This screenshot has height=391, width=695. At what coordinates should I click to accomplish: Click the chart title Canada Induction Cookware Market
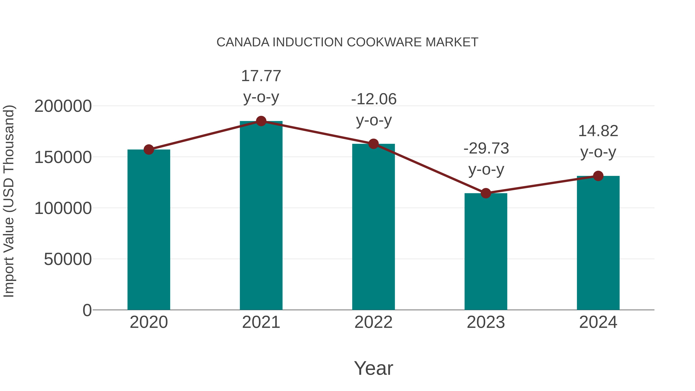click(x=347, y=42)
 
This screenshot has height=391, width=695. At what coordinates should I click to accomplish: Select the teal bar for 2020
click(x=149, y=229)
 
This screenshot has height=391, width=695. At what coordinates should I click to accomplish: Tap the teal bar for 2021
click(x=261, y=216)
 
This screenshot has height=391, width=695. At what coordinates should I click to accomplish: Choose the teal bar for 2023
click(x=486, y=251)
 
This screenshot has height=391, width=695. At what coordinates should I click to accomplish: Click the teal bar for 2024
click(x=598, y=243)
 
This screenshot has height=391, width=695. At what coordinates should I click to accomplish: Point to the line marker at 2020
click(x=149, y=149)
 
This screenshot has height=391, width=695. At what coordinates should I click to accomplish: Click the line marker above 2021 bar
click(x=261, y=121)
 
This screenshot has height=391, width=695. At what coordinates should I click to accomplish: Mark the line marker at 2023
click(x=486, y=193)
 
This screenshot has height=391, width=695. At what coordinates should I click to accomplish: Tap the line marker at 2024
click(x=598, y=176)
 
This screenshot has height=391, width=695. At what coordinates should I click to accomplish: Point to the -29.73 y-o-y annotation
click(x=486, y=159)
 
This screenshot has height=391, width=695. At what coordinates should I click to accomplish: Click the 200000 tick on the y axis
click(x=63, y=106)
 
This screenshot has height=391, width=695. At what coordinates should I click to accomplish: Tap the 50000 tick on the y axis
click(x=68, y=259)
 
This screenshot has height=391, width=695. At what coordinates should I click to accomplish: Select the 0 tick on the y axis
click(x=87, y=310)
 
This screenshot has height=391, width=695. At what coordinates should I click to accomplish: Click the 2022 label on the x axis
click(x=373, y=322)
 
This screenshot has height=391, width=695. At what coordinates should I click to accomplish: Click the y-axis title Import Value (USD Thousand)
click(x=9, y=201)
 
